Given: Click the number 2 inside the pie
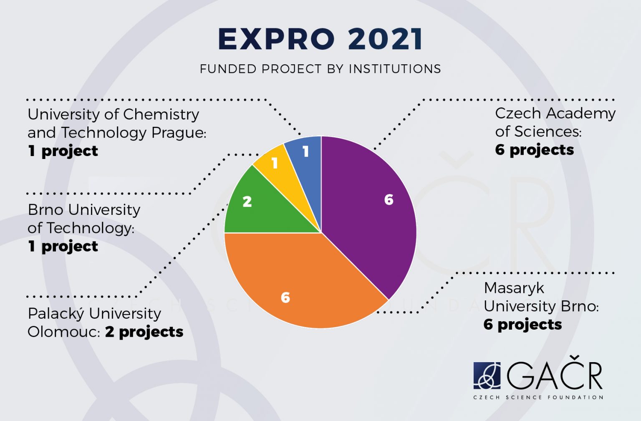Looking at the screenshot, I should [247, 202].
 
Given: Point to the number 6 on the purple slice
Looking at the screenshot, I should [389, 199].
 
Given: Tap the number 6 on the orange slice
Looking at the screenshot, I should [285, 297].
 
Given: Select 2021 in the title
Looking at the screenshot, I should [385, 39].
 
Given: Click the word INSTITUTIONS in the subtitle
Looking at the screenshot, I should [395, 69].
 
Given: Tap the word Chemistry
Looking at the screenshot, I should [161, 114].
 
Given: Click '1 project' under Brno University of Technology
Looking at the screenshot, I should [63, 246].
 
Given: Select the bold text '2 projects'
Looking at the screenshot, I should [144, 332].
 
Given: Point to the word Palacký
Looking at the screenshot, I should [56, 313].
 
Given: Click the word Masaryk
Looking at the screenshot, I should [514, 288].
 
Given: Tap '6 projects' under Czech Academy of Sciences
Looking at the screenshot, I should [534, 150].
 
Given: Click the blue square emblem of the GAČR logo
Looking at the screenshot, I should [487, 375].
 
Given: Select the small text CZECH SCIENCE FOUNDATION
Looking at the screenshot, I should [538, 397].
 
